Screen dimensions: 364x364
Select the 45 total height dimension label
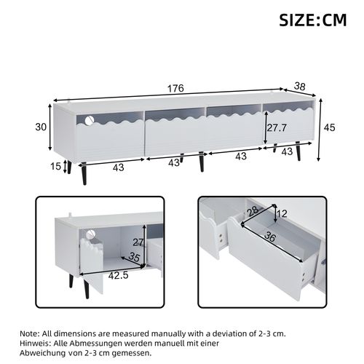click(330, 128)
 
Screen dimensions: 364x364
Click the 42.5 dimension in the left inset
click(108, 276)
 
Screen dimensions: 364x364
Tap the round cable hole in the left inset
click(92, 234)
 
